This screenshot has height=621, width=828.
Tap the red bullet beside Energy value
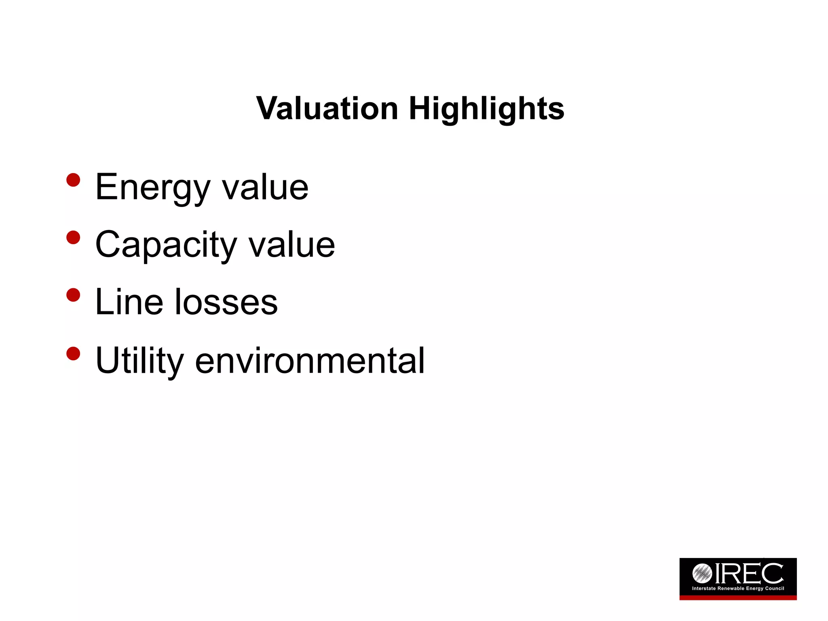click(73, 180)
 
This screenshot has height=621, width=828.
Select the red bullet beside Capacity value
click(73, 237)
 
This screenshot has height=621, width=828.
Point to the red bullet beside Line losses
click(73, 295)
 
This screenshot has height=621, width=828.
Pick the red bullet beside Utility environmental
click(73, 353)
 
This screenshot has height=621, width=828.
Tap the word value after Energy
click(265, 187)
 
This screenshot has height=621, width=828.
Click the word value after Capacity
click(291, 245)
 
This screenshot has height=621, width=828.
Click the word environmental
click(310, 360)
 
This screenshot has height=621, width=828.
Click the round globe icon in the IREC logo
click(702, 573)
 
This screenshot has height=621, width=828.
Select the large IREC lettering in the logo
click(749, 573)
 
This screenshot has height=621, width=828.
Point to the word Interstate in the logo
click(704, 588)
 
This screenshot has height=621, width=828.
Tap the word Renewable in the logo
click(731, 588)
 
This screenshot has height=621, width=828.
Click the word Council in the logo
click(775, 588)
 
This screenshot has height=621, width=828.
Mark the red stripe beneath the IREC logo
click(738, 598)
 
